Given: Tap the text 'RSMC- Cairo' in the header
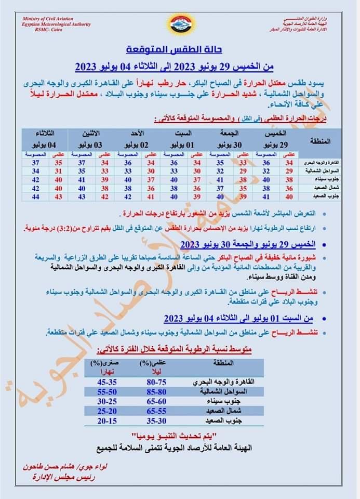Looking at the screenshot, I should (x=49, y=30).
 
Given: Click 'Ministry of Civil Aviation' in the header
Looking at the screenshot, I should (x=49, y=19).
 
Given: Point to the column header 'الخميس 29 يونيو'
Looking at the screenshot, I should (x=274, y=138).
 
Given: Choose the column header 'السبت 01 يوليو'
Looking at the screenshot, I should (x=179, y=138).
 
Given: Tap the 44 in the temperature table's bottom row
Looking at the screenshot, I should (x=36, y=197).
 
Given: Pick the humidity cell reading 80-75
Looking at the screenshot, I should (x=154, y=382).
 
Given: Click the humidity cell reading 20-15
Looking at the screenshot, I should (x=104, y=421).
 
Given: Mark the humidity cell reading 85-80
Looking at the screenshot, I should (x=154, y=391).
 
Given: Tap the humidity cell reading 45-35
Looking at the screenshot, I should (x=104, y=382).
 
